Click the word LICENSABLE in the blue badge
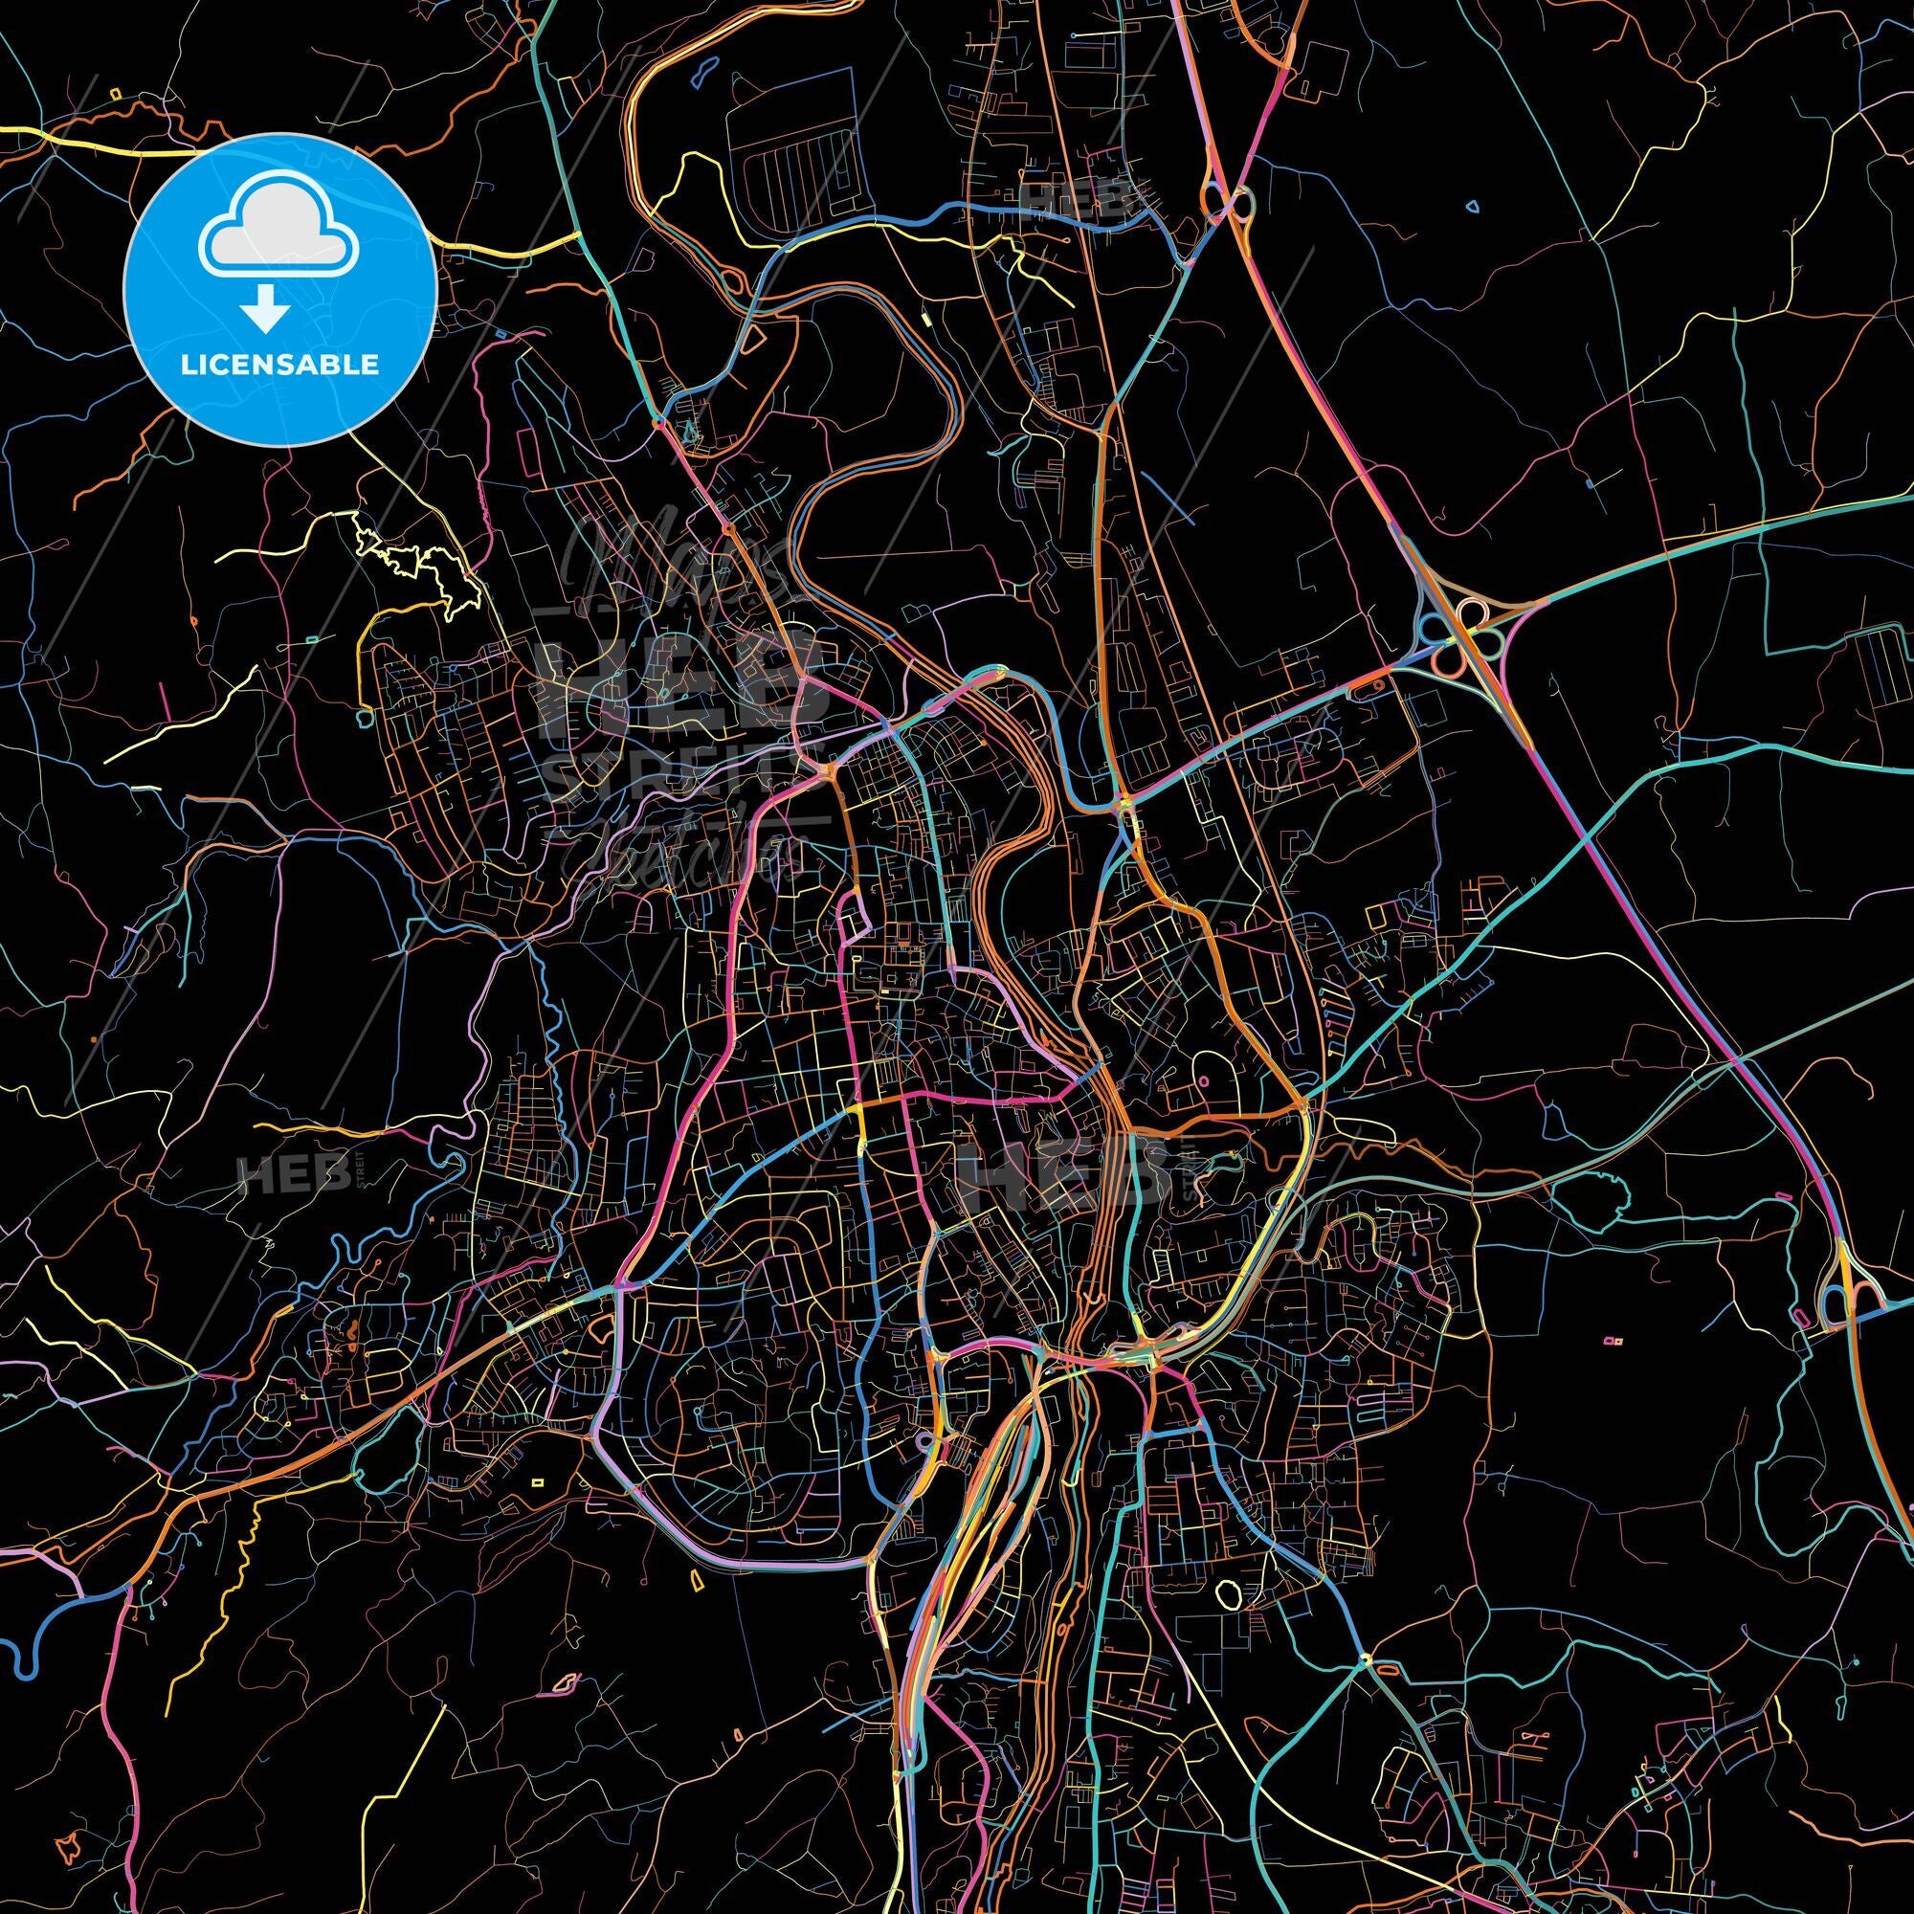[x=279, y=364]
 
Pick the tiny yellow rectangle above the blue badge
[x=116, y=94]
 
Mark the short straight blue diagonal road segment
[x=1164, y=496]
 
